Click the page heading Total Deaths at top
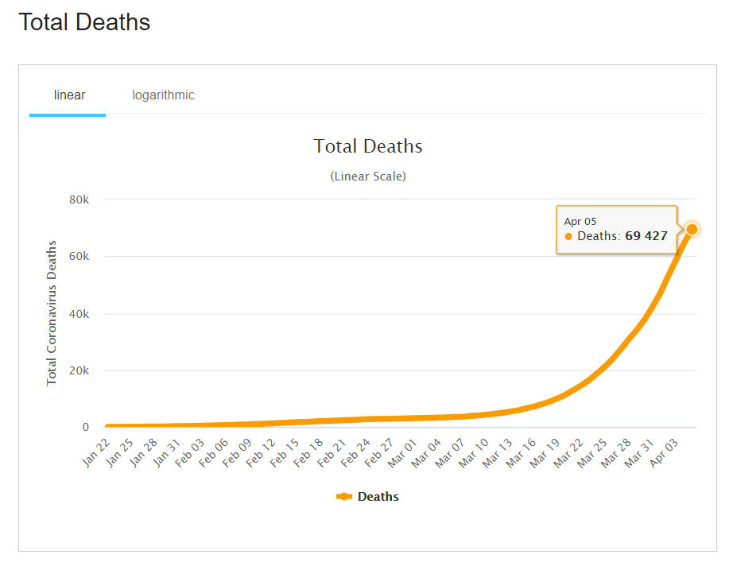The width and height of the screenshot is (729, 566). coord(84,22)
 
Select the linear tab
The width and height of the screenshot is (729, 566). coord(69,95)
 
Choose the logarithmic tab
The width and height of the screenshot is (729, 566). coord(163,95)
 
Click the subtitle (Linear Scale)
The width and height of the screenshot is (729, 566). coord(368,176)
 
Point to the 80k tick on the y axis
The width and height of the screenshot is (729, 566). coord(79,200)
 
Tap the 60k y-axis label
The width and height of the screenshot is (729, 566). coord(79,257)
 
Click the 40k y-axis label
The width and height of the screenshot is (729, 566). coord(79,314)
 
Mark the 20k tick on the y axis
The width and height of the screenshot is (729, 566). coord(79,370)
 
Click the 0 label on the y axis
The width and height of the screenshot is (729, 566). coord(85,428)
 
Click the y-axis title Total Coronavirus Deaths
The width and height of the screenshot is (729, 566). coord(52,313)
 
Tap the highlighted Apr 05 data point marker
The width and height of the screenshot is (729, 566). coord(692,230)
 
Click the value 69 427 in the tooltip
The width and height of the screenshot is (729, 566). coord(646,236)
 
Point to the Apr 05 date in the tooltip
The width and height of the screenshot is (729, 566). coord(580,221)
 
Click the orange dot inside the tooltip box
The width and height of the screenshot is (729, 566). coord(568,237)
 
